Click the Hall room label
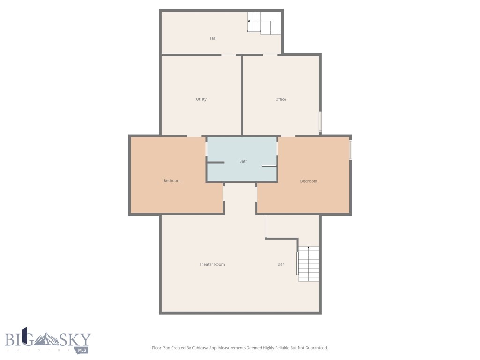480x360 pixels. (x=214, y=38)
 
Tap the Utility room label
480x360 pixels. (x=201, y=99)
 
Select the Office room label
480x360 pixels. (x=281, y=99)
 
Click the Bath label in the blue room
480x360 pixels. (x=243, y=161)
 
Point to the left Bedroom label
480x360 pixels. (x=172, y=181)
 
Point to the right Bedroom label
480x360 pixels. (x=309, y=181)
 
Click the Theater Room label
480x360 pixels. (x=212, y=264)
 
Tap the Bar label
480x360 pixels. (x=281, y=264)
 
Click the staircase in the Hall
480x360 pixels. (x=264, y=23)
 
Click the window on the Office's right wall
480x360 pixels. (x=320, y=121)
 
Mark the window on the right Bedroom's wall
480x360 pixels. (x=350, y=150)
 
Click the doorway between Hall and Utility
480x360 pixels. (x=229, y=55)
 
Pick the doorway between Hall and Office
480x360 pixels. (x=270, y=55)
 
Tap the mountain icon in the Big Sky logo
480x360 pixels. (x=48, y=338)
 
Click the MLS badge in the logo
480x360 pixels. (x=82, y=350)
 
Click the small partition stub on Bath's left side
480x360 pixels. (x=215, y=162)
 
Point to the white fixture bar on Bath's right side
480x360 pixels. (x=269, y=165)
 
